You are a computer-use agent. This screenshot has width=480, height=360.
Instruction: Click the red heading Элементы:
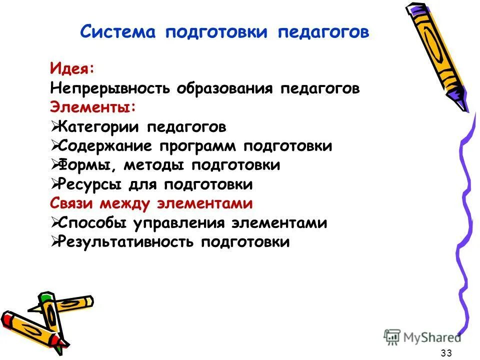pyautogui.click(x=92, y=107)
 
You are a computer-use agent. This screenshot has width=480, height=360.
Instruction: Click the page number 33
pyautogui.click(x=446, y=353)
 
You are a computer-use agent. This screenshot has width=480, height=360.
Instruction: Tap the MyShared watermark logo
pyautogui.click(x=422, y=337)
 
